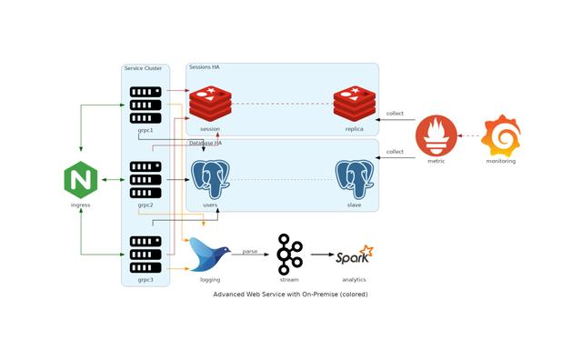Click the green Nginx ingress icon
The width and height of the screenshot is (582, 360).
pyautogui.click(x=81, y=180)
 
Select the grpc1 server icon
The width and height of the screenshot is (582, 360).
pyautogui.click(x=145, y=105)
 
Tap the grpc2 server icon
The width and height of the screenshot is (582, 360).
pyautogui.click(x=145, y=180)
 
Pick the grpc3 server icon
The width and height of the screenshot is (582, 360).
pyautogui.click(x=145, y=255)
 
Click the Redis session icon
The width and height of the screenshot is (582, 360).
pyautogui.click(x=210, y=104)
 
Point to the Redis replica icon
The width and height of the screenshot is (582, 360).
pyautogui.click(x=355, y=104)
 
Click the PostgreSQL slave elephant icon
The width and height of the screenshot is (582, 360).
pyautogui.click(x=355, y=179)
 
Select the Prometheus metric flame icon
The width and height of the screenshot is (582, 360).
pyautogui.click(x=436, y=136)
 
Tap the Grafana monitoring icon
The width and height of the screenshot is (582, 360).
pyautogui.click(x=500, y=135)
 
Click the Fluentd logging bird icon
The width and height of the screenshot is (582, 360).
pyautogui.click(x=210, y=255)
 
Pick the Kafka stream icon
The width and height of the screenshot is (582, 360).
pyautogui.click(x=289, y=255)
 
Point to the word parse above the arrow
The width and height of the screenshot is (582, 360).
pyautogui.click(x=249, y=250)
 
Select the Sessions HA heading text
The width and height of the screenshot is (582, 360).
pyautogui.click(x=204, y=67)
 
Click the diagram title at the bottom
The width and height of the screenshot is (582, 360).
pyautogui.click(x=290, y=295)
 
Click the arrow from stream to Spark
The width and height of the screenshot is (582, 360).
pyautogui.click(x=321, y=255)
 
